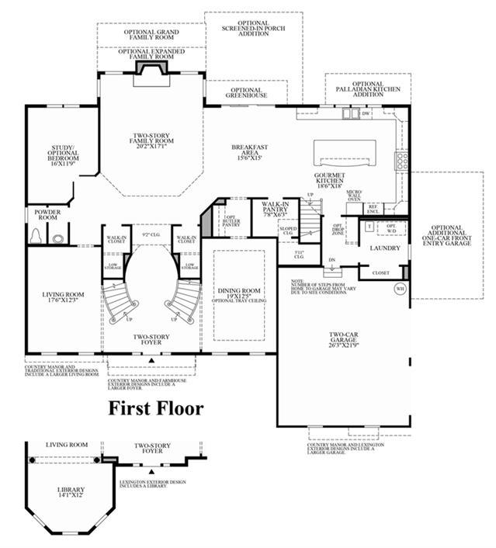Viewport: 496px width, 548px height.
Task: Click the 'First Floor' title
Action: click(x=154, y=408)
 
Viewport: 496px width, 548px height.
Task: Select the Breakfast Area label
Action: click(x=250, y=152)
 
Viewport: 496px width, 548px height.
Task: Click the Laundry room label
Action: click(x=384, y=248)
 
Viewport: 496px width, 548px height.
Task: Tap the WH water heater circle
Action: click(x=401, y=289)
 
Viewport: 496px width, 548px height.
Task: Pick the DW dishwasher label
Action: click(x=366, y=113)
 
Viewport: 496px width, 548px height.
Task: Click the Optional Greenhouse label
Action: click(x=246, y=93)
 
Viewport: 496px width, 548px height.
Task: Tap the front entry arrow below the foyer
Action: click(x=152, y=361)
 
